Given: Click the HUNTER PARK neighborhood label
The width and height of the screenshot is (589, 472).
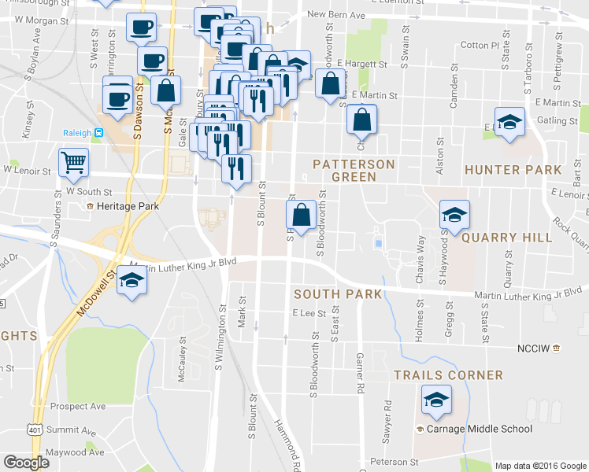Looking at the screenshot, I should (513, 170).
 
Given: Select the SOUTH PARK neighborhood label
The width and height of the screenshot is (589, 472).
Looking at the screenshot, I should (337, 294).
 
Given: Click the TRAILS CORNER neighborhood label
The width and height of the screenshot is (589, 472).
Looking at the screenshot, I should (448, 376).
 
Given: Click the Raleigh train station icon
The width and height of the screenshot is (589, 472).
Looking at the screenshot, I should (98, 134).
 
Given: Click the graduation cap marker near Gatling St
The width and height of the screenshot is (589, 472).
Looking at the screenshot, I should (509, 122).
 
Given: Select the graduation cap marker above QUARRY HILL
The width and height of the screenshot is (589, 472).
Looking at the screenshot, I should (454, 214).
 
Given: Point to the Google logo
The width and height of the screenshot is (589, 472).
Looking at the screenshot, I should (26, 463).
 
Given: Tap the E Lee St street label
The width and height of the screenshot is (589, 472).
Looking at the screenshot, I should (303, 313).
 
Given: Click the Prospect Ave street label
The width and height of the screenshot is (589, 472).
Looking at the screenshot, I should (77, 407).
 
